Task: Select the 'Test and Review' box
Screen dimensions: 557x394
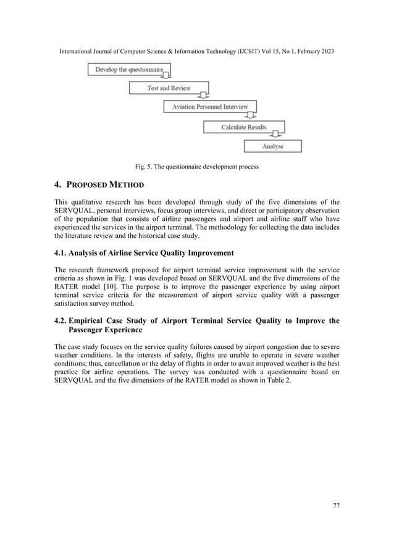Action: click(x=169, y=88)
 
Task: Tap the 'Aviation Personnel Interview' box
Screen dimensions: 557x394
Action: click(x=209, y=107)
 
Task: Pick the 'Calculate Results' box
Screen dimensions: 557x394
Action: click(x=244, y=127)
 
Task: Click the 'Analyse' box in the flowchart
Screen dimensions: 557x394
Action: click(x=272, y=146)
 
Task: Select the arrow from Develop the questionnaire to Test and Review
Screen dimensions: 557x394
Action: click(x=166, y=78)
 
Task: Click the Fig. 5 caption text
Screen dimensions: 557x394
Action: click(x=196, y=166)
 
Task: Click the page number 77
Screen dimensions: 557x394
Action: click(x=335, y=505)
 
